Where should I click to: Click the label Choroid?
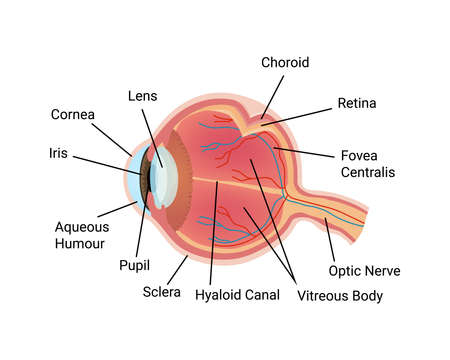285,62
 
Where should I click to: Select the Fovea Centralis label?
367,163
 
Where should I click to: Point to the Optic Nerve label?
365,271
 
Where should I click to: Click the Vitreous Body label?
340,296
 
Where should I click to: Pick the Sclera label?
161,292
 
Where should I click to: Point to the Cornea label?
72,114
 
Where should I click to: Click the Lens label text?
142,95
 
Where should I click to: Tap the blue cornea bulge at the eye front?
134,178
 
